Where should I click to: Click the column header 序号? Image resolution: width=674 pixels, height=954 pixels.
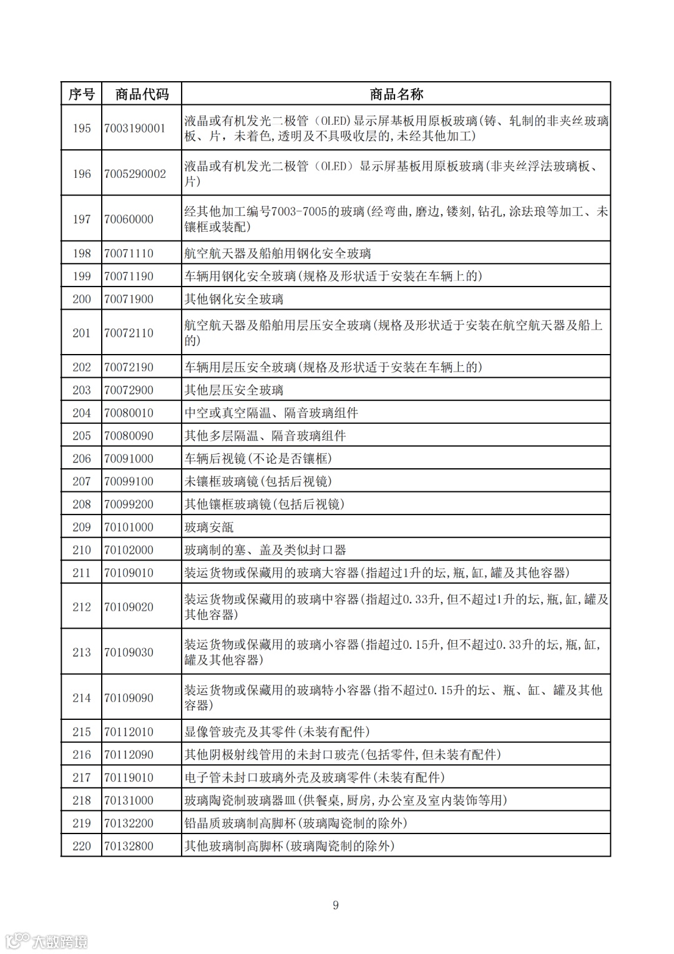[x=81, y=94]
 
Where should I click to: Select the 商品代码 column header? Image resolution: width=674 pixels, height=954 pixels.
[x=142, y=94]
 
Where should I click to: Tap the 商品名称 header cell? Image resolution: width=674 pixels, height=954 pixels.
[x=396, y=94]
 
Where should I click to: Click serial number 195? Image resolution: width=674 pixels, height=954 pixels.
[x=81, y=128]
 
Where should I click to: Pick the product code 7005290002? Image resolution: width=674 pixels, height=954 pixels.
[x=135, y=174]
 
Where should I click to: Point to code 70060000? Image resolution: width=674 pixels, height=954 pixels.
[x=129, y=219]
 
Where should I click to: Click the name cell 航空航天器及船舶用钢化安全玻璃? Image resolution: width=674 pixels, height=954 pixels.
[x=278, y=253]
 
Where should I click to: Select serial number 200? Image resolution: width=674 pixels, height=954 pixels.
[x=81, y=299]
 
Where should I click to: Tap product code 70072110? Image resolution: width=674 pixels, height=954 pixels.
[x=129, y=333]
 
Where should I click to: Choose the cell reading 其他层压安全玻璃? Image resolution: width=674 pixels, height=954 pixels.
[x=234, y=390]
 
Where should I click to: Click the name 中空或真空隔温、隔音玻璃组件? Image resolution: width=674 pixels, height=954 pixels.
[x=271, y=413]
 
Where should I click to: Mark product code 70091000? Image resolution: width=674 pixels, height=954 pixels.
[x=129, y=458]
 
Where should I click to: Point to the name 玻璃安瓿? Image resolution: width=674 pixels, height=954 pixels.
[x=209, y=527]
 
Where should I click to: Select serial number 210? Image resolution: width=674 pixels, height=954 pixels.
[x=81, y=550]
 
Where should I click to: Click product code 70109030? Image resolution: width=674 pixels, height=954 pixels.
[x=129, y=652]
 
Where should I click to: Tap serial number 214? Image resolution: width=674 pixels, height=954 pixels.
[x=81, y=698]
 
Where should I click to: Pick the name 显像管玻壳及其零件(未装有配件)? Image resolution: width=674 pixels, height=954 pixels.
[x=277, y=732]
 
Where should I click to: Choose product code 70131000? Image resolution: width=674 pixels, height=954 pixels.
[x=129, y=800]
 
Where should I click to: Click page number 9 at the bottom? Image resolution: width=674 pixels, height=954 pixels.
[x=336, y=905]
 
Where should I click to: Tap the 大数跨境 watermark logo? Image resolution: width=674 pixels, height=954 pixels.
[x=47, y=941]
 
